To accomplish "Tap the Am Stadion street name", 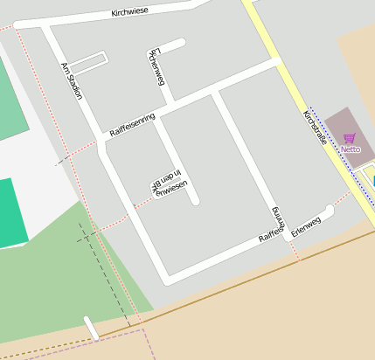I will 72,80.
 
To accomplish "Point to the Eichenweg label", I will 156,67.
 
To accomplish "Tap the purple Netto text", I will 351,149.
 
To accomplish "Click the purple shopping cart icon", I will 350,138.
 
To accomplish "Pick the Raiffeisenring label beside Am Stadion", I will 132,124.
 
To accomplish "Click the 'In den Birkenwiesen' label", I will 170,183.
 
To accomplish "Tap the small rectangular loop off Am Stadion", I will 88,63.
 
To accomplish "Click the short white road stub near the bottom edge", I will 91,329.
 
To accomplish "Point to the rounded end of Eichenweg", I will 181,41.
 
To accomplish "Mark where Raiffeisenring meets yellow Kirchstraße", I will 275,62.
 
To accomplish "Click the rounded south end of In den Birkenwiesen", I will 194,201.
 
